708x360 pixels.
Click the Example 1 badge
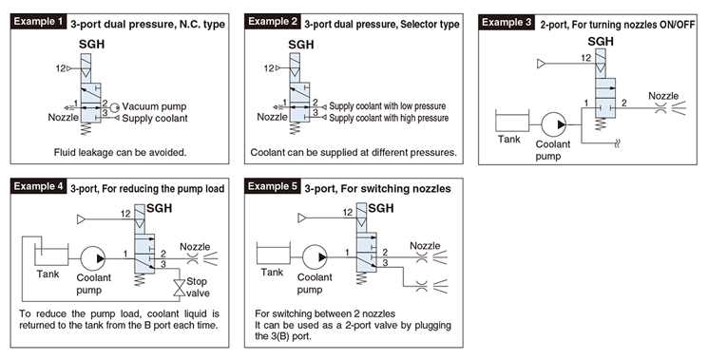(x=39, y=21)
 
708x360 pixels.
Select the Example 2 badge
(x=273, y=21)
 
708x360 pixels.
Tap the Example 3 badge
(x=507, y=22)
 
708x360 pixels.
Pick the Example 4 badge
(x=39, y=186)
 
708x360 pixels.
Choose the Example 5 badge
(x=273, y=186)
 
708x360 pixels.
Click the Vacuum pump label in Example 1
(x=154, y=107)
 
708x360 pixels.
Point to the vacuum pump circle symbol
(x=115, y=107)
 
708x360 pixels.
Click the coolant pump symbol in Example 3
(x=554, y=124)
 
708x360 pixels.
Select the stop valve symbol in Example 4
(x=180, y=288)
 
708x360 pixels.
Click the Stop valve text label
(x=198, y=288)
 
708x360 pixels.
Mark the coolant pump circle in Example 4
(x=93, y=258)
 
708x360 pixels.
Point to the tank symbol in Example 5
(x=273, y=254)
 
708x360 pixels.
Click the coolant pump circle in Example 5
(x=315, y=257)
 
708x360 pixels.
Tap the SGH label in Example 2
(x=300, y=45)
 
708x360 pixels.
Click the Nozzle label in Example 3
(x=663, y=96)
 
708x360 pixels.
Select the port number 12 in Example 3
(x=585, y=58)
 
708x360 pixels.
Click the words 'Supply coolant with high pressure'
(x=389, y=118)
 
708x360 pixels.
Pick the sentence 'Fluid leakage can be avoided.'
(x=120, y=153)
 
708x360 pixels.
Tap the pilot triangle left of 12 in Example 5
(x=301, y=218)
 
